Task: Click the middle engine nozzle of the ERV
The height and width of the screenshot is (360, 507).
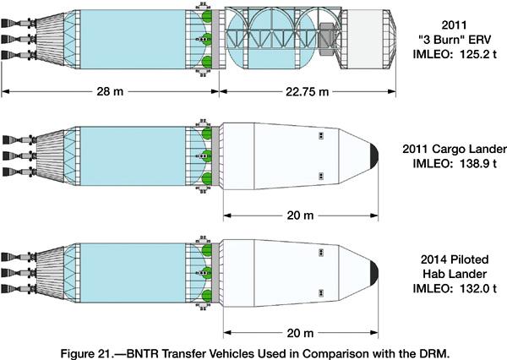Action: point(12,39)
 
